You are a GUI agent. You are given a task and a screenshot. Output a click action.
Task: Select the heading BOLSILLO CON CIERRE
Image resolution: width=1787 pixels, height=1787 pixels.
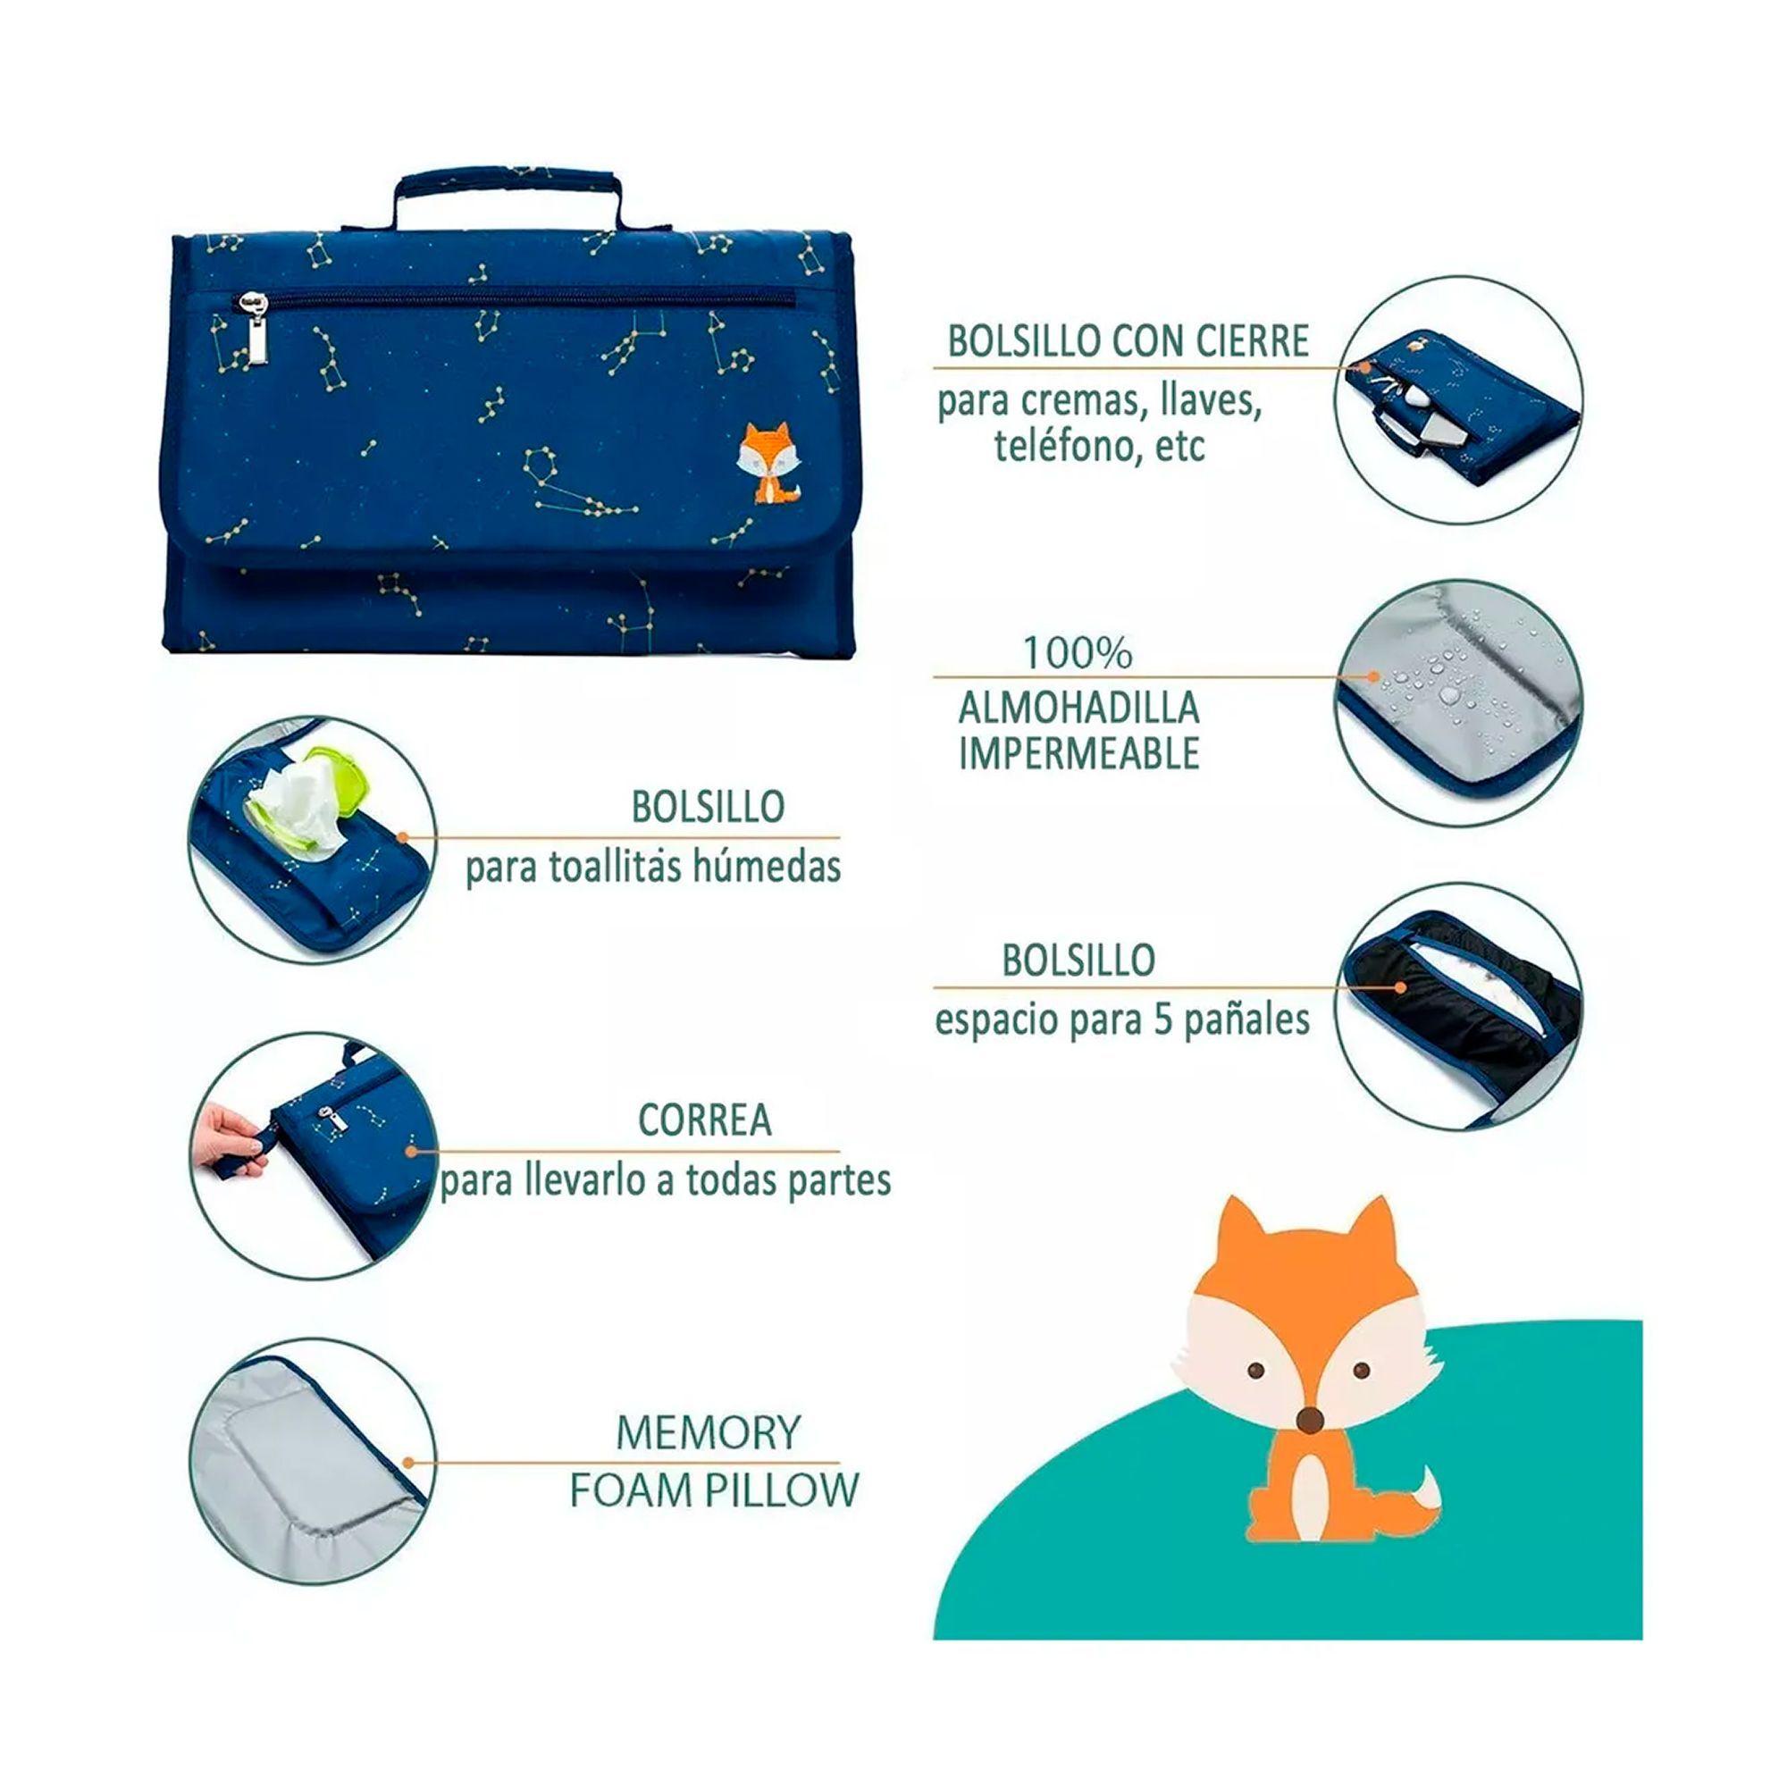click(1128, 341)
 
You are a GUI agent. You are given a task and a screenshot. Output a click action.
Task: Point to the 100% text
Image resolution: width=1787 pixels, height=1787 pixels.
click(1078, 654)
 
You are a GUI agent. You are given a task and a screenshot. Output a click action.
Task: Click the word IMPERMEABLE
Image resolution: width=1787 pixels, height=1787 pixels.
click(1078, 755)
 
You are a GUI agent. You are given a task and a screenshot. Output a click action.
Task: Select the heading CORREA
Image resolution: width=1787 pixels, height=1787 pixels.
click(705, 1120)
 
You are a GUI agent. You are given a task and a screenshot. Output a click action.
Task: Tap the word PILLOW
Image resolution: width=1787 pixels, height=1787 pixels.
click(782, 1490)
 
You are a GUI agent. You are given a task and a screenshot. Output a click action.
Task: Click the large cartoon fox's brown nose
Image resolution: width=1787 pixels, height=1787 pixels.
click(1308, 1420)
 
